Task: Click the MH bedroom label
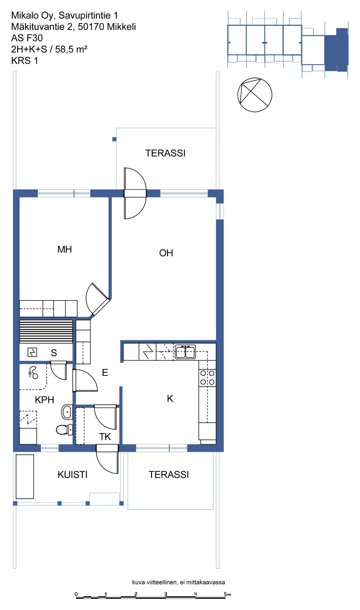[64, 249]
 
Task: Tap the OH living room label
[166, 253]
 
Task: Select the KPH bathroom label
[44, 400]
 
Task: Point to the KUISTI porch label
[72, 475]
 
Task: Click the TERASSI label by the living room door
[165, 153]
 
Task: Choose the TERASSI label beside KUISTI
[169, 475]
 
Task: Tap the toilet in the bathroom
[64, 430]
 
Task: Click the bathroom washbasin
[67, 412]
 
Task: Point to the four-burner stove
[207, 377]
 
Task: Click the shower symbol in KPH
[33, 373]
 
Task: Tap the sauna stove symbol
[32, 352]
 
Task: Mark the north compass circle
[255, 95]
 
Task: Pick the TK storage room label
[105, 437]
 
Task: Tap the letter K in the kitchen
[170, 399]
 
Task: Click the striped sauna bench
[46, 332]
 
